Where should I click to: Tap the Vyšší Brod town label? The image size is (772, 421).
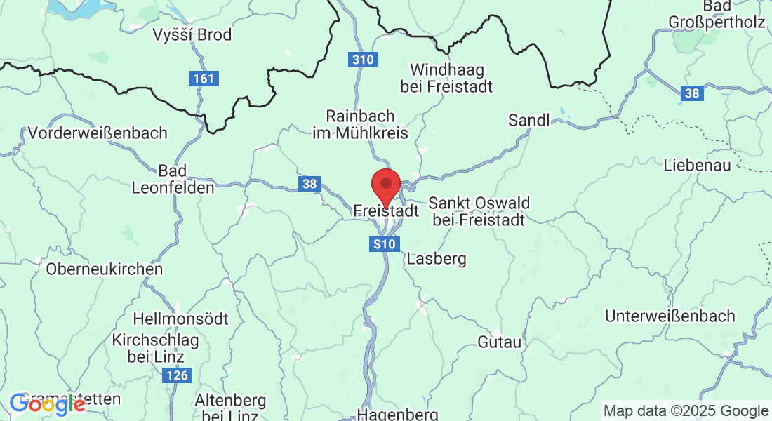pos(192,34)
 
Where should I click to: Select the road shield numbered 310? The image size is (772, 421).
pos(363,60)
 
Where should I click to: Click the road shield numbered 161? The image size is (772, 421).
pos(204,79)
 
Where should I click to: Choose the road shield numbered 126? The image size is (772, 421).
pos(178,376)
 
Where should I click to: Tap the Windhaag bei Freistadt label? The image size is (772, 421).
pos(446,78)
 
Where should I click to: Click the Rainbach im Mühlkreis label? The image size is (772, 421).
pos(361,123)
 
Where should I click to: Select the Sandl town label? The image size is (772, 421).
pos(529,121)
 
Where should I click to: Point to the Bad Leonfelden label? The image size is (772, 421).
pos(173,179)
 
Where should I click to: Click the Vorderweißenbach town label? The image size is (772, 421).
pos(98,133)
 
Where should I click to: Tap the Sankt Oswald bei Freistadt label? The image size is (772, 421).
pos(479,210)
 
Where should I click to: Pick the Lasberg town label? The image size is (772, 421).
pos(436,259)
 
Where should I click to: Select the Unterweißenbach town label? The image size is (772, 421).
pos(670,316)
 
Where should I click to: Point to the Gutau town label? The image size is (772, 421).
pos(500,342)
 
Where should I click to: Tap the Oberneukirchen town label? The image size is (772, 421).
pos(104,269)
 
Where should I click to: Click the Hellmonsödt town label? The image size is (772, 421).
pos(180,319)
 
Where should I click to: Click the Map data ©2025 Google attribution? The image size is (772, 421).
pos(686,410)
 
